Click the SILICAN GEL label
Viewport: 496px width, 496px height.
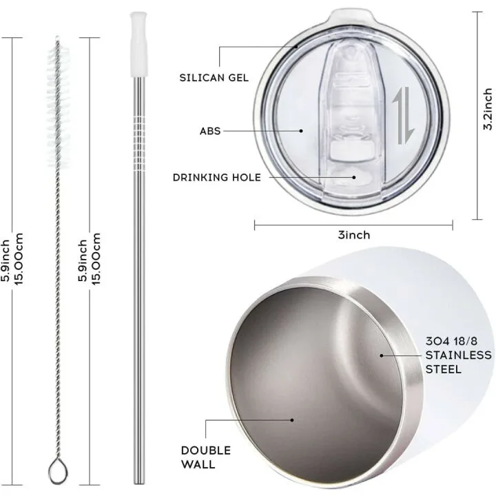214,77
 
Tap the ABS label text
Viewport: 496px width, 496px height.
210,131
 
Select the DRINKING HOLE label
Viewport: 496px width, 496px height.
217,177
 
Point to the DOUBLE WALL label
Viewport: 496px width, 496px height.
206,457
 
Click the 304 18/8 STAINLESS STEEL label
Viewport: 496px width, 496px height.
458,355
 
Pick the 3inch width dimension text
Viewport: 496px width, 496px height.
354,235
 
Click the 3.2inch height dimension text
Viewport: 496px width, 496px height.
488,109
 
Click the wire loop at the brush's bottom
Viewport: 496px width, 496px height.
58,472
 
